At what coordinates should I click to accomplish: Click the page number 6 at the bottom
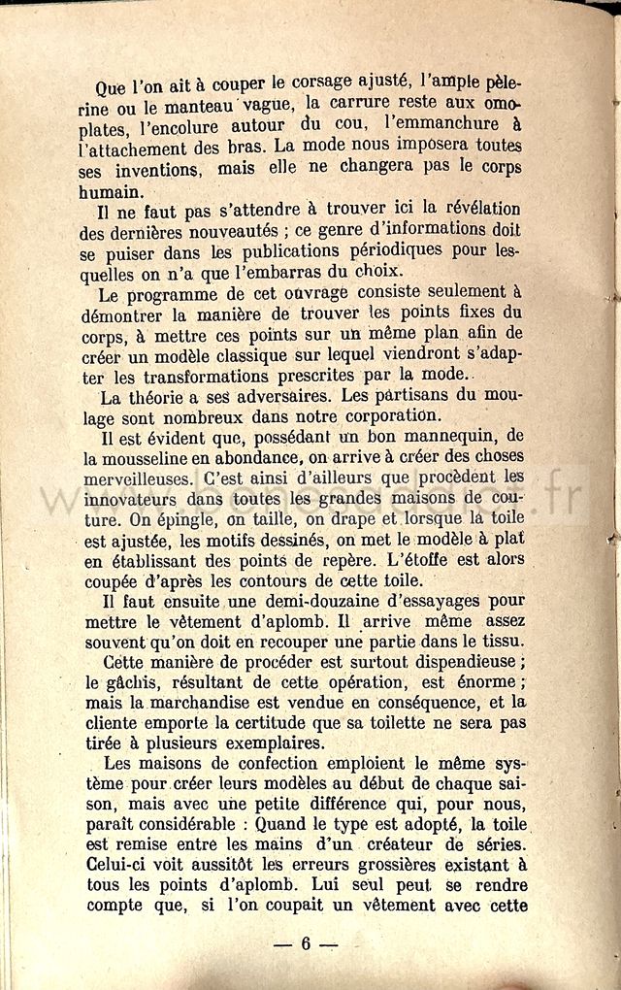coord(305,943)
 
